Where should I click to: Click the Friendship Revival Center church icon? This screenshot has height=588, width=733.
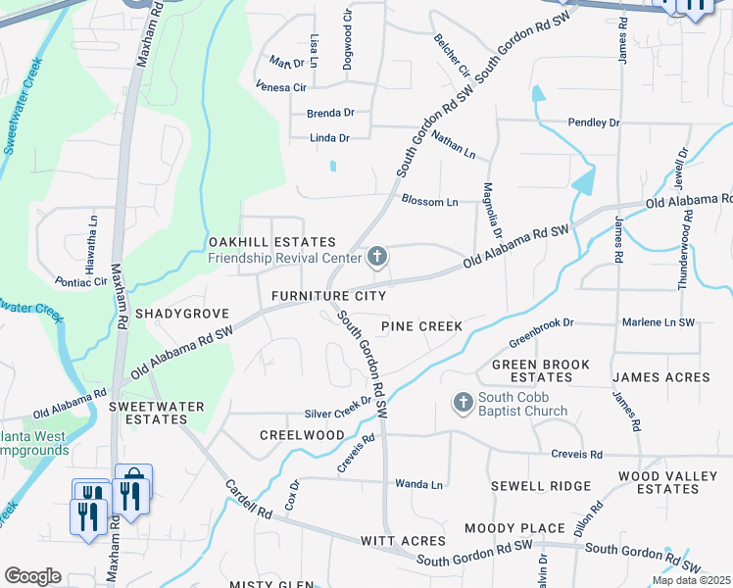(376, 258)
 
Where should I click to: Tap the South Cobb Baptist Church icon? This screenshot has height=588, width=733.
(463, 402)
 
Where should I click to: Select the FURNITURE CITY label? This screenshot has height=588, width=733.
(328, 296)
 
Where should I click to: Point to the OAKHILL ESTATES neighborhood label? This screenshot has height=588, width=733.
(271, 242)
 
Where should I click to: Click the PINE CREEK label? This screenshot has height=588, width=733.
(421, 325)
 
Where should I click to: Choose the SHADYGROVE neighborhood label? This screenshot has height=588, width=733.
(181, 314)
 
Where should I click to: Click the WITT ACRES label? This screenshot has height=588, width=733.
(404, 541)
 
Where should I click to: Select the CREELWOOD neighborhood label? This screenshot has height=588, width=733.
(302, 434)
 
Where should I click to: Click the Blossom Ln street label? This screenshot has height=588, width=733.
(429, 201)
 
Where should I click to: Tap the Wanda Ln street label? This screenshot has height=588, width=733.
(418, 484)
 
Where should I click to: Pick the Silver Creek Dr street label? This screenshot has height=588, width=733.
(338, 415)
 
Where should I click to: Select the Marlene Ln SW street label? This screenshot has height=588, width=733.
(658, 322)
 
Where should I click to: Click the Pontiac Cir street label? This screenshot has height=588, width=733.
(81, 281)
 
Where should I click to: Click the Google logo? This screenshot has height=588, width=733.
(32, 576)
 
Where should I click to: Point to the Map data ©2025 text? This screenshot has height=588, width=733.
(691, 580)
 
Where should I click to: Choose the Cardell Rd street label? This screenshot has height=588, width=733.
(247, 499)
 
